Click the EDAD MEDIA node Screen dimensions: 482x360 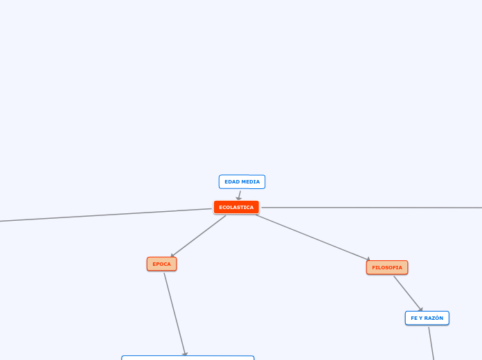(x=242, y=181)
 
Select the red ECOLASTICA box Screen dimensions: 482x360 (x=236, y=207)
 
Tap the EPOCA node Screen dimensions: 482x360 (x=161, y=264)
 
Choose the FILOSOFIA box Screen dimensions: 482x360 (x=386, y=267)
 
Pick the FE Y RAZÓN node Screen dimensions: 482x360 (x=427, y=318)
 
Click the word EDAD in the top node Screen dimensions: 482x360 (x=231, y=181)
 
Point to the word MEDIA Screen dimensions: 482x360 (x=250, y=181)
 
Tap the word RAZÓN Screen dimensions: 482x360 (x=433, y=318)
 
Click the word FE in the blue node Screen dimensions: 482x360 (x=413, y=318)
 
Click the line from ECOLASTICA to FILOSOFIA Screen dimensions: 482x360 (x=312, y=237)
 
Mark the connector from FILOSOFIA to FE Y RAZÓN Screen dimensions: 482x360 (x=407, y=292)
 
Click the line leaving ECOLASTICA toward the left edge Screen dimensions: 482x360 (x=104, y=215)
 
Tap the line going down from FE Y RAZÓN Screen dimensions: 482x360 (x=431, y=343)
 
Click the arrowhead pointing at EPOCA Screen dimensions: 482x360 (x=172, y=255)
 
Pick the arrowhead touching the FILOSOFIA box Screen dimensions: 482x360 (x=368, y=259)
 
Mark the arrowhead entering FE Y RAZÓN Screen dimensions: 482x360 (x=420, y=309)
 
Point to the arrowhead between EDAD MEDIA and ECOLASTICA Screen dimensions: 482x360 (x=239, y=198)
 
